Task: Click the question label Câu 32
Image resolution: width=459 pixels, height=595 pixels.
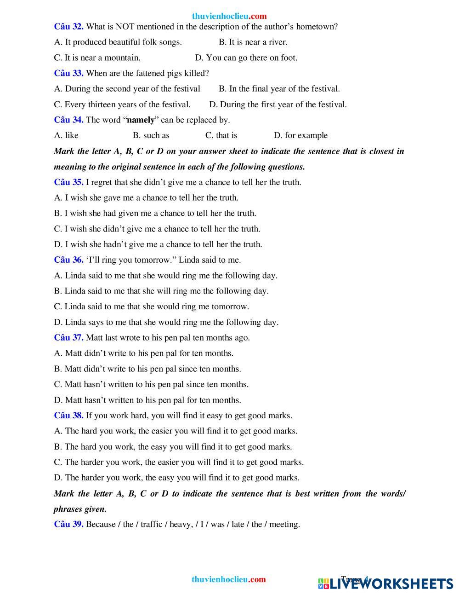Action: tap(68, 27)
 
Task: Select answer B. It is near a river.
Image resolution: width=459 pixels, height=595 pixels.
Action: tap(253, 42)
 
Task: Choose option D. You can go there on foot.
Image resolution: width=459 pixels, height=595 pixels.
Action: tap(246, 58)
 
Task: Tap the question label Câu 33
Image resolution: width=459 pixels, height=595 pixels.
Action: tap(68, 73)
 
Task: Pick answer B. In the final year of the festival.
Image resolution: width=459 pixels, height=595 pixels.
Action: tap(279, 89)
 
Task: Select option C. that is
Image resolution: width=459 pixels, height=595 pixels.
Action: tap(221, 136)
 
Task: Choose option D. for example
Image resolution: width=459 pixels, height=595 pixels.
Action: tap(300, 136)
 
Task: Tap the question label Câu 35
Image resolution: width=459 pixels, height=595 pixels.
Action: tap(68, 182)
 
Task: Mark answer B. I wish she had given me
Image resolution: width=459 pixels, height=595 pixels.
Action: tap(155, 214)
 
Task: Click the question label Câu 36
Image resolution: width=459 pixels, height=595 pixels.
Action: tap(68, 260)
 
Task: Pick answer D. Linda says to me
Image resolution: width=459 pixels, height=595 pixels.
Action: tap(166, 322)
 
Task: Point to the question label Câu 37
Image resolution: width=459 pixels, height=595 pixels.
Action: tap(68, 338)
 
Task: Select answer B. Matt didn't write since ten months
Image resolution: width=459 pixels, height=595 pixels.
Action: tap(147, 369)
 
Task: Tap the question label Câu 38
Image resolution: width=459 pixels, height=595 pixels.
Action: tap(68, 416)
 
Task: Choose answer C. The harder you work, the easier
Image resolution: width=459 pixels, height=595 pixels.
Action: tap(179, 462)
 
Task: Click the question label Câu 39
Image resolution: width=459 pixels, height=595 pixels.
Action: tap(68, 524)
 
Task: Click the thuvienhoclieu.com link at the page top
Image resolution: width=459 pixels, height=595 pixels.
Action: tap(229, 16)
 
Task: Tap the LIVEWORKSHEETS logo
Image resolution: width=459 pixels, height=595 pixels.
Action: tap(385, 583)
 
